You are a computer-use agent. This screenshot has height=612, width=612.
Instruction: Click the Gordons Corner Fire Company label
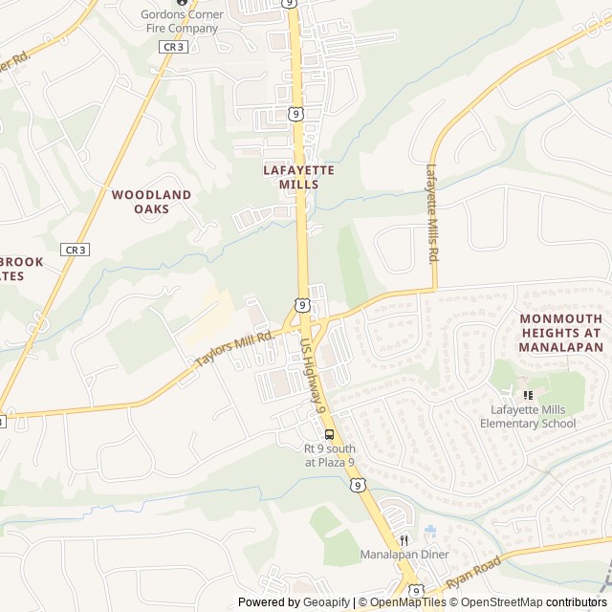(x=180, y=21)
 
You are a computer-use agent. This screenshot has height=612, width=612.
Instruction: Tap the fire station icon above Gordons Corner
(x=180, y=3)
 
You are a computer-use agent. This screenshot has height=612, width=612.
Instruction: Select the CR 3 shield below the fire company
(x=173, y=46)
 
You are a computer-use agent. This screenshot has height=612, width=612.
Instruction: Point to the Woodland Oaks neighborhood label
(x=151, y=201)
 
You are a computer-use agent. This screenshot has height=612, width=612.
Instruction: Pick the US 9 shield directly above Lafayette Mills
(x=297, y=115)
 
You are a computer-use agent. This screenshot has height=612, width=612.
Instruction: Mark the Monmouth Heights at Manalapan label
(x=561, y=333)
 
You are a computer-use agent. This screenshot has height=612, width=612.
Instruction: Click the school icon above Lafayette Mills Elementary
(x=527, y=395)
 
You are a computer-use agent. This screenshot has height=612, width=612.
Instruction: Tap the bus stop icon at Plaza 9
(x=330, y=433)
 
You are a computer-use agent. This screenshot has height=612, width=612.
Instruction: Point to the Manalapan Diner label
(x=404, y=555)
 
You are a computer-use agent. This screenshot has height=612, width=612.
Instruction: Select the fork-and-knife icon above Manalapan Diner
(x=404, y=538)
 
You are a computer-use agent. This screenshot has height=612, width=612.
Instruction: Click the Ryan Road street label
(x=473, y=574)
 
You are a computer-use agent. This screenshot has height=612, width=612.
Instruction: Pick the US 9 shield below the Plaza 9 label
(x=357, y=486)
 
